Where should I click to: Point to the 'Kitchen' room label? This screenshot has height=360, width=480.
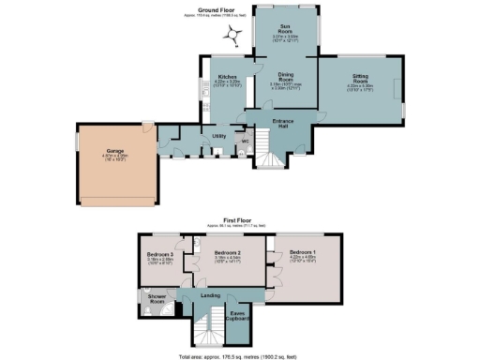[x=227, y=77]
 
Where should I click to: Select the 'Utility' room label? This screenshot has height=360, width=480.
[x=220, y=136]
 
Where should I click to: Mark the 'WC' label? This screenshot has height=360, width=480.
[x=245, y=142]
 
